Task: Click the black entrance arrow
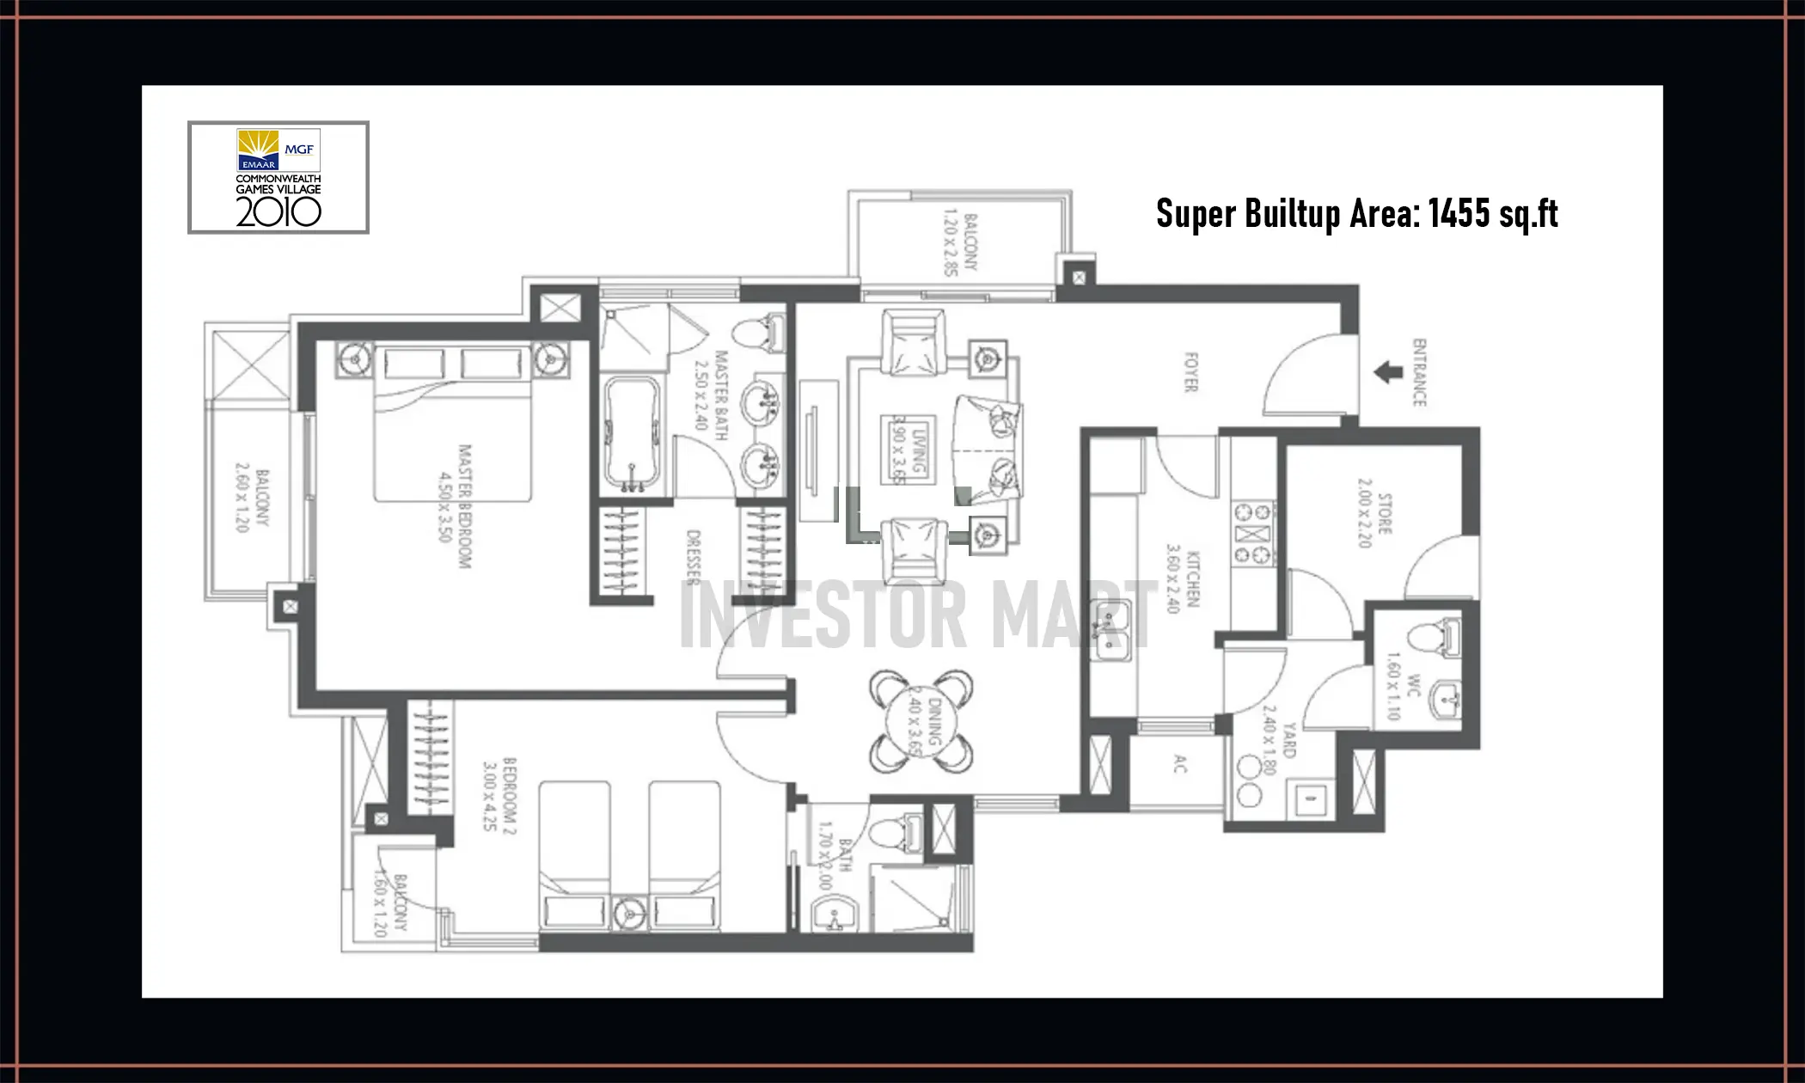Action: [1388, 373]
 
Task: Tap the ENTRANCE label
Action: [1419, 372]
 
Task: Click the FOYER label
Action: [1190, 372]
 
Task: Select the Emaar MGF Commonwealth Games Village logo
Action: [278, 177]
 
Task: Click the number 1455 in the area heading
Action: [1459, 213]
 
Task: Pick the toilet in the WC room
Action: [1432, 638]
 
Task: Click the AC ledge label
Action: [1180, 763]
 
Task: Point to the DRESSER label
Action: [694, 557]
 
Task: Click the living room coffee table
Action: [908, 449]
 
